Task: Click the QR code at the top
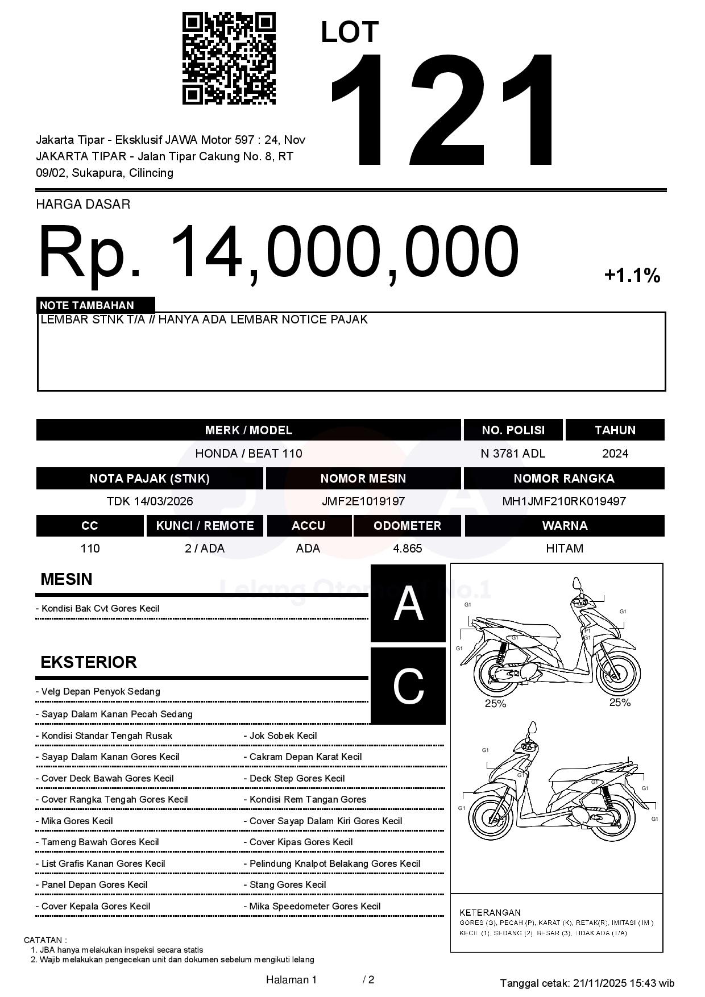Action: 229,59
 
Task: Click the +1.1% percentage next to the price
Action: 632,276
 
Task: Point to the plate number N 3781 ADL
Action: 513,454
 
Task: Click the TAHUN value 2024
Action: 615,454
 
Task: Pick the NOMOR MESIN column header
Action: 363,479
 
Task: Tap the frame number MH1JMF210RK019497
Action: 564,501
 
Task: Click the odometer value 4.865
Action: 407,549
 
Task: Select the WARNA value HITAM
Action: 565,549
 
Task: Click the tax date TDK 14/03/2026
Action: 150,501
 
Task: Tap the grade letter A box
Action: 408,604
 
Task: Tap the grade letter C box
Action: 408,686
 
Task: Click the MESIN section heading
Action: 67,579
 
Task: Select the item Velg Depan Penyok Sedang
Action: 101,692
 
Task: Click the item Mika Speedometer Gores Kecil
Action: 314,906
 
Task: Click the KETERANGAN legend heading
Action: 490,912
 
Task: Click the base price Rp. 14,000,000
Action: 279,252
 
